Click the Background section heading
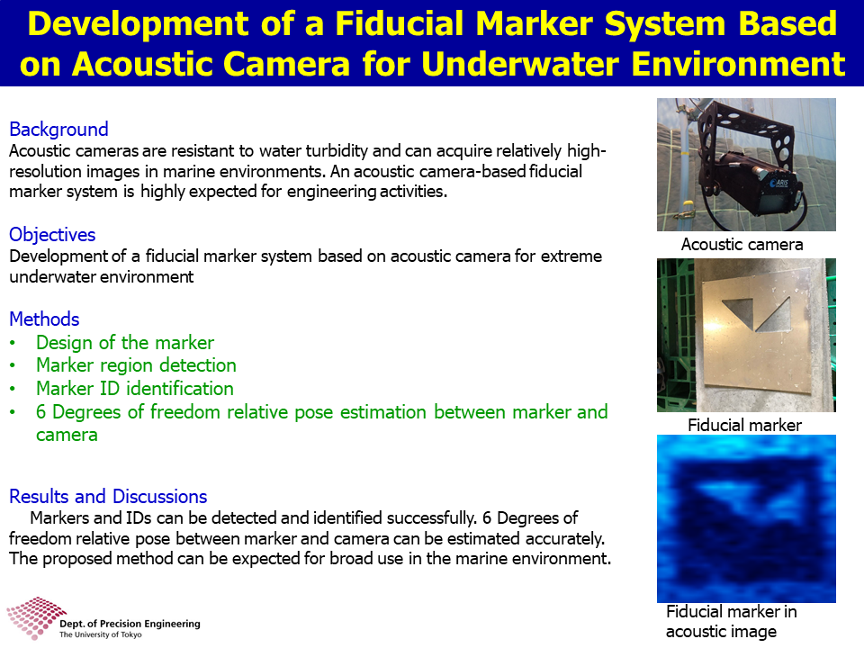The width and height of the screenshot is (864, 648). point(59,130)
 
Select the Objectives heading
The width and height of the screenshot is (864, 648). point(52,235)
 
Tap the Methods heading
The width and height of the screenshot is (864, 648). point(44,319)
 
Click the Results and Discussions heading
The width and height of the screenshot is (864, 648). point(108,497)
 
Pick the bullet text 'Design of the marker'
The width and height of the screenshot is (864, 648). point(125,343)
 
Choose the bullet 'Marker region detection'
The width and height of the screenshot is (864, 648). point(136,365)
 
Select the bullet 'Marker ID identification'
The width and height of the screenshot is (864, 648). point(135,389)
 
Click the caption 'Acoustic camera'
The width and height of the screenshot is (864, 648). point(742,245)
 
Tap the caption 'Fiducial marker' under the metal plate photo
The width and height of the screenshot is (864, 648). point(744,425)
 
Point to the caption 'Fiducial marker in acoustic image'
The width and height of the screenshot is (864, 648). point(731,622)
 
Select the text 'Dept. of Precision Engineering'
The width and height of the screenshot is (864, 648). point(130,624)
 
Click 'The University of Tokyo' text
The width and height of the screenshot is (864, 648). point(100,634)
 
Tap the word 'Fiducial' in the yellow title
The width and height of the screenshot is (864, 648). point(399,23)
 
